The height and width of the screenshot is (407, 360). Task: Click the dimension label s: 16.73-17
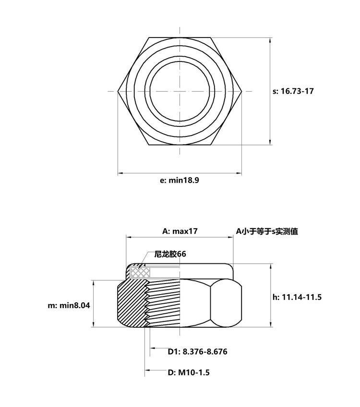293,91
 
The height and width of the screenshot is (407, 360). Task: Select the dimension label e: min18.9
180,180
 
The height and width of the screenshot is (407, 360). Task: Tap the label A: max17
180,231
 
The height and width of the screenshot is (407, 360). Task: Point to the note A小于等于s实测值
267,231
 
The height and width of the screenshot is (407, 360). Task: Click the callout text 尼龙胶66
170,254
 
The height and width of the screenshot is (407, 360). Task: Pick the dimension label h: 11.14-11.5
297,297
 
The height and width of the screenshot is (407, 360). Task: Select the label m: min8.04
69,305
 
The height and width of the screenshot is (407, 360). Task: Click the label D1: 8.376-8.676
197,352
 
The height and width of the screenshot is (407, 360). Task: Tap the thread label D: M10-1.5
189,372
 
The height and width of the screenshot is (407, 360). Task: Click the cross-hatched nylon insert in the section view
140,272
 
